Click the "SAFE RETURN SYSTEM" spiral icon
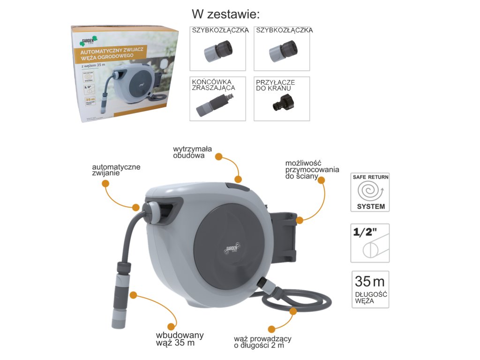click(370, 192)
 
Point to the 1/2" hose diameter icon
click(370, 242)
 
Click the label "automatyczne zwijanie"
click(116, 170)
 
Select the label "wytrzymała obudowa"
click(192, 152)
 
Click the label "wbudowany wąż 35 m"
click(180, 338)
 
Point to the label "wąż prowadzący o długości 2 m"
click(262, 342)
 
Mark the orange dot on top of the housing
click(238, 179)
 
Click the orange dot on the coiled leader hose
click(293, 310)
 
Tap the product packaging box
click(126, 74)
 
